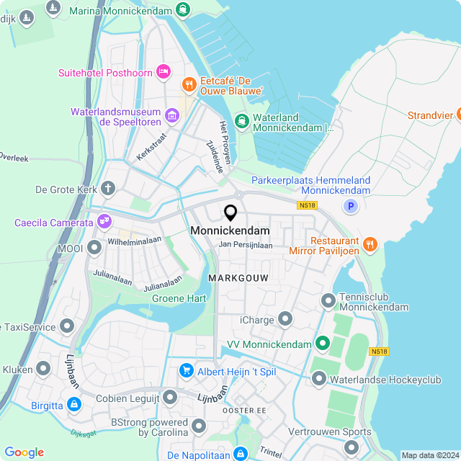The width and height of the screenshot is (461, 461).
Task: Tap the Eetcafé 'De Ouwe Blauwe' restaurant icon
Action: tap(189, 84)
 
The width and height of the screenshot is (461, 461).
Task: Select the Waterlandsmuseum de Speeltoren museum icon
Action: tap(172, 115)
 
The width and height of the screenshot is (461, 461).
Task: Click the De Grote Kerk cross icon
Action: tap(108, 189)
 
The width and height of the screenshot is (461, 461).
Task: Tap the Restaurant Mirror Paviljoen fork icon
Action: tap(370, 244)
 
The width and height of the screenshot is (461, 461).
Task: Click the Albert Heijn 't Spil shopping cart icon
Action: tap(187, 370)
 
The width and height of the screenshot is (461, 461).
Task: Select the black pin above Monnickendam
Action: tap(230, 213)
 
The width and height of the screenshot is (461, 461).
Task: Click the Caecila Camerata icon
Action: tap(105, 221)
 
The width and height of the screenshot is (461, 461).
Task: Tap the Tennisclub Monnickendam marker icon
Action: tap(328, 299)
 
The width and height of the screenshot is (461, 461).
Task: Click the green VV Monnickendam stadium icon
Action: tap(323, 344)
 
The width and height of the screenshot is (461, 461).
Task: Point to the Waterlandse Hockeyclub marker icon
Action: tap(319, 377)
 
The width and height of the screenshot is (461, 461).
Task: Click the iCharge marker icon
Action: tap(285, 318)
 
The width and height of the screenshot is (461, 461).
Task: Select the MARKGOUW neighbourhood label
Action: tap(238, 277)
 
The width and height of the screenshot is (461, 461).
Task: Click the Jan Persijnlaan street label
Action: tap(246, 245)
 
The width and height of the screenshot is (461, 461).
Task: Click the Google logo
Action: tap(24, 452)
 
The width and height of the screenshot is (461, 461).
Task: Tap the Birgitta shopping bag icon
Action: tap(74, 405)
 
